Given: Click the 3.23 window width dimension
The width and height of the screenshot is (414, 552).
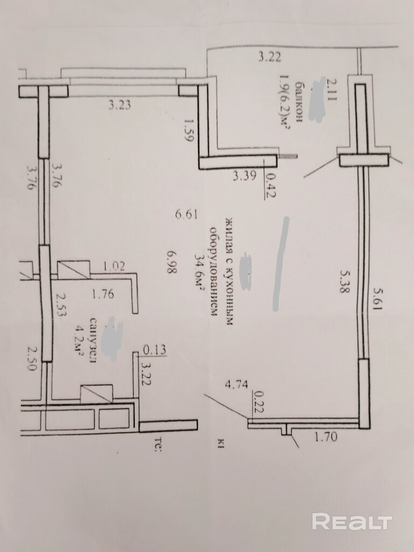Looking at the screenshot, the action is (x=120, y=106).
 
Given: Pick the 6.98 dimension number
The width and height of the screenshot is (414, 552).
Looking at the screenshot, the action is (x=172, y=262).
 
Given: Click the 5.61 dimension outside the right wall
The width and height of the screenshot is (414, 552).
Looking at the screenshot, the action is (x=379, y=298).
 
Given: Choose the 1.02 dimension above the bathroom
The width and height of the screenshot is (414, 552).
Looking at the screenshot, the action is (x=114, y=265).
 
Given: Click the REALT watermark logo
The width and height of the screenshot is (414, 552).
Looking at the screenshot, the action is (x=352, y=521).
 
